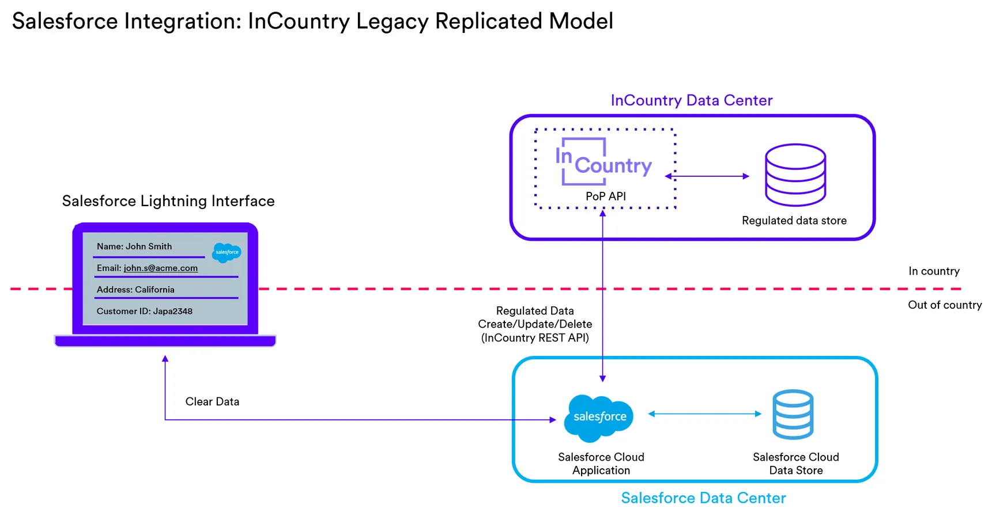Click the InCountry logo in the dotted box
(603, 162)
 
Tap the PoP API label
(605, 196)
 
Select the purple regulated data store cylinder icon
(795, 175)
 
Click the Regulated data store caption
(794, 221)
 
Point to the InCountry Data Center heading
(691, 100)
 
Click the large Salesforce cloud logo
(599, 418)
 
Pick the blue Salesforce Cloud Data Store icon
(793, 414)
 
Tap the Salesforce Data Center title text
(703, 498)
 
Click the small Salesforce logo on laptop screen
(227, 252)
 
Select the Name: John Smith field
(134, 246)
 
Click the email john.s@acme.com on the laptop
(160, 268)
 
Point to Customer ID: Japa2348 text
(144, 311)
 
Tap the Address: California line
(135, 290)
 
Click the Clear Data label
(212, 401)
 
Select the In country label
(934, 271)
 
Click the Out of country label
(944, 305)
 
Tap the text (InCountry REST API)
(535, 338)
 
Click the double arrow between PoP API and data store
(707, 176)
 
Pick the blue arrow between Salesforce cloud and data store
(704, 414)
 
